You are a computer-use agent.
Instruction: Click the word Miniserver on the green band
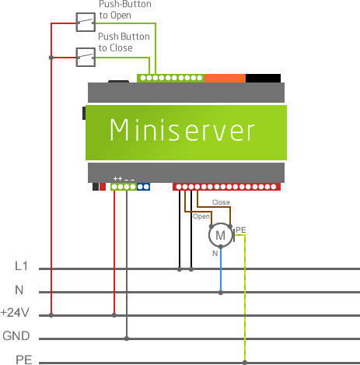coord(182,130)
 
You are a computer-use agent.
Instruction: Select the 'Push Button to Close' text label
coord(125,42)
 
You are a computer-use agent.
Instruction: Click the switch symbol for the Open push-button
coord(85,23)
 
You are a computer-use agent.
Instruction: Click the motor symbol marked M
coord(220,234)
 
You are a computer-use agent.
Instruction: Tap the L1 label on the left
coord(23,266)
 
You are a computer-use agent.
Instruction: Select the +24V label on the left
coord(16,313)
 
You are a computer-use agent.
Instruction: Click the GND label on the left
coord(17,336)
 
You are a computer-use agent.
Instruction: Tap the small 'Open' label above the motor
coord(201,216)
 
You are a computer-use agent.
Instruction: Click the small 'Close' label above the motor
coord(221,202)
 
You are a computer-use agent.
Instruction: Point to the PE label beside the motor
coord(240,230)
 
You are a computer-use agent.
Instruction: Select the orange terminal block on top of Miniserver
coord(225,77)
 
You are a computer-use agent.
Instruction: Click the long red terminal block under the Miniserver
coord(226,187)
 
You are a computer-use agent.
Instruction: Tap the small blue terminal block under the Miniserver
coord(143,187)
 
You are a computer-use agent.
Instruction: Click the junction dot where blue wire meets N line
coord(221,293)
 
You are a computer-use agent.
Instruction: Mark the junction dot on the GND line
coord(126,339)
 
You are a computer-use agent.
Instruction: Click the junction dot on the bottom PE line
coord(245,362)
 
